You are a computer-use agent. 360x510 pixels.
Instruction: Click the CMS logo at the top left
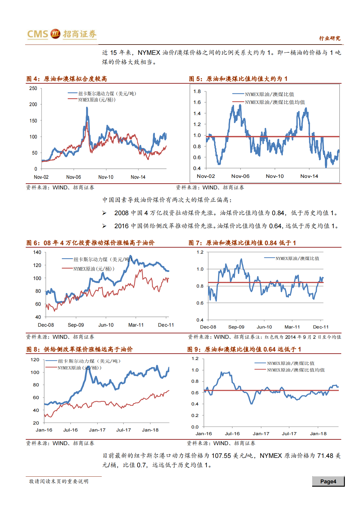[x=38, y=34]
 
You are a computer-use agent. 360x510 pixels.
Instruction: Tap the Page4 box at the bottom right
[x=328, y=481]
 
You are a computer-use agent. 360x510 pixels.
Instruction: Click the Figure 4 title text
[x=67, y=79]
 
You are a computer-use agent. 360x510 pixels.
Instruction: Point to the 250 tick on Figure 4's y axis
[x=33, y=88]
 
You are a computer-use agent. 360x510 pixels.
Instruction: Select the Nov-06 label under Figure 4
[x=74, y=177]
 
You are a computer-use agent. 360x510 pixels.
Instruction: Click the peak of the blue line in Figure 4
[x=87, y=108]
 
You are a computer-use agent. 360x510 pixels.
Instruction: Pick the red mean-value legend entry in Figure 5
[x=275, y=102]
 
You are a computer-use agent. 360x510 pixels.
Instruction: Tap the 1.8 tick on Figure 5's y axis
[x=197, y=91]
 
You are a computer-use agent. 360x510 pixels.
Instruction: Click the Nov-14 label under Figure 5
[x=309, y=176]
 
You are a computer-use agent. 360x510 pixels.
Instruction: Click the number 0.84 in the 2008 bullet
[x=278, y=213]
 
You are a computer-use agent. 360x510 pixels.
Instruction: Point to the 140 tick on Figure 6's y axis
[x=37, y=252]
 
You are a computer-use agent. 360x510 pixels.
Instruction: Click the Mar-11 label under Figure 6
[x=136, y=325]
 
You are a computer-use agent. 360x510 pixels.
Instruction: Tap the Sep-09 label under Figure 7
[x=236, y=327]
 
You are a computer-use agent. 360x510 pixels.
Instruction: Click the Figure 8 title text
[x=80, y=349]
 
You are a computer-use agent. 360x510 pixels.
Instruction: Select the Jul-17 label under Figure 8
[x=124, y=430]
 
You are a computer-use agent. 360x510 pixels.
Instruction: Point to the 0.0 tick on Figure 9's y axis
[x=195, y=427]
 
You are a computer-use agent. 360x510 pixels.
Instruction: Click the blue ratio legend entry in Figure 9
[x=290, y=363]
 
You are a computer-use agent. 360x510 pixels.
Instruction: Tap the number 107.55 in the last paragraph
[x=221, y=455]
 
